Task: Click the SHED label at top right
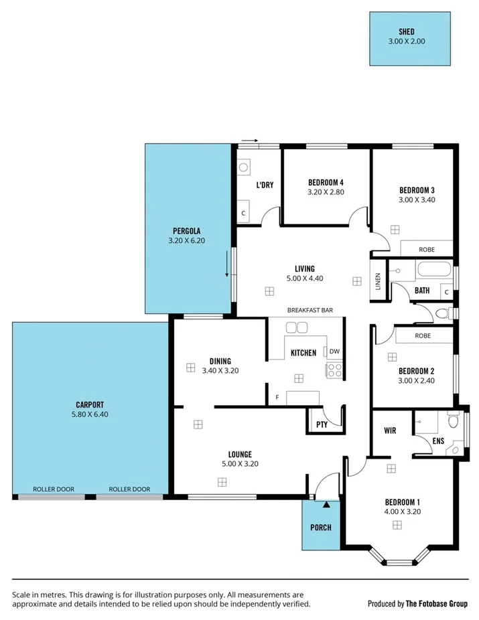coord(407,31)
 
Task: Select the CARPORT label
coord(89,404)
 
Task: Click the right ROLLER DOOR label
coord(129,489)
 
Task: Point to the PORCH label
coord(321,527)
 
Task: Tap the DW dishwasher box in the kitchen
coord(333,352)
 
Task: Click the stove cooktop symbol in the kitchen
coord(334,369)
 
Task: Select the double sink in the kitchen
coord(296,327)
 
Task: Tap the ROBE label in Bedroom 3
coord(426,249)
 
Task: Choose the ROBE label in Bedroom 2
coord(422,335)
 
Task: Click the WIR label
coord(391,431)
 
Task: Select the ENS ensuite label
coord(438,441)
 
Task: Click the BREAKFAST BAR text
coord(310,310)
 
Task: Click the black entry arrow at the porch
coord(326,504)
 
